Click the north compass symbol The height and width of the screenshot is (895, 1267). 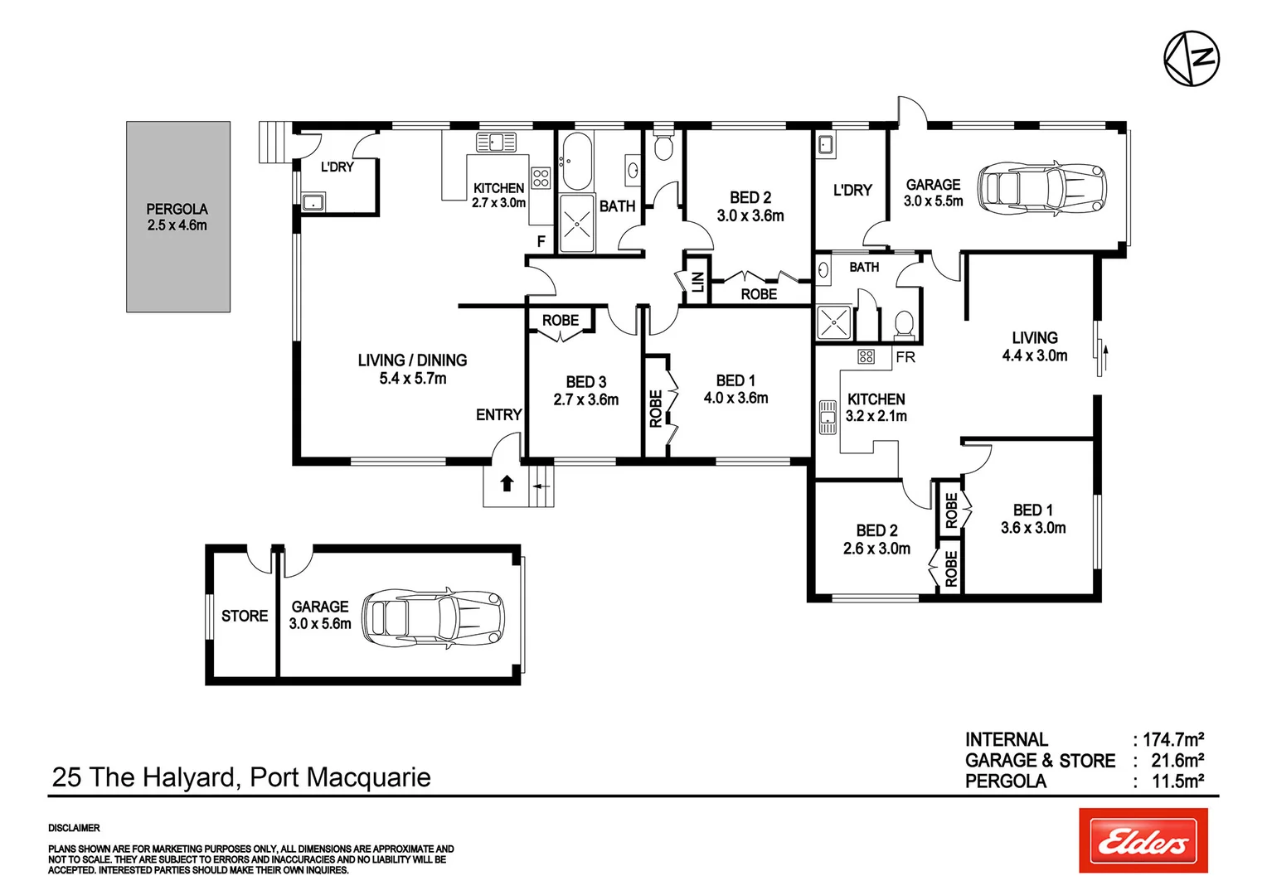tap(1192, 59)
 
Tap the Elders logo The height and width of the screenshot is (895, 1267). tap(1143, 840)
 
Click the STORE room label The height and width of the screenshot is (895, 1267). tap(245, 616)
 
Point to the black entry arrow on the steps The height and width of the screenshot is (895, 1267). tap(507, 483)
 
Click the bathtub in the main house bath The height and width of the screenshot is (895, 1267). tap(575, 161)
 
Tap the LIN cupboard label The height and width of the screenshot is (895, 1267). tap(697, 282)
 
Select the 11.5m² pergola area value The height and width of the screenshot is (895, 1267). tap(1177, 781)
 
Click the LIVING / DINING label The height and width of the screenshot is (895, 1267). tap(412, 360)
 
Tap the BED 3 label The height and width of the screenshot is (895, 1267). tap(585, 382)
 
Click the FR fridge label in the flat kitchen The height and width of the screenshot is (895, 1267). tap(905, 357)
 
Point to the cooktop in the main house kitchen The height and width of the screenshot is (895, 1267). tap(541, 177)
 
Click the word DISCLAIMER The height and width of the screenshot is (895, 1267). tap(74, 828)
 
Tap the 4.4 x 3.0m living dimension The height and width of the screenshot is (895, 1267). tap(1034, 356)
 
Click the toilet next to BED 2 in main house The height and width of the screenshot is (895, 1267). tap(663, 146)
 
